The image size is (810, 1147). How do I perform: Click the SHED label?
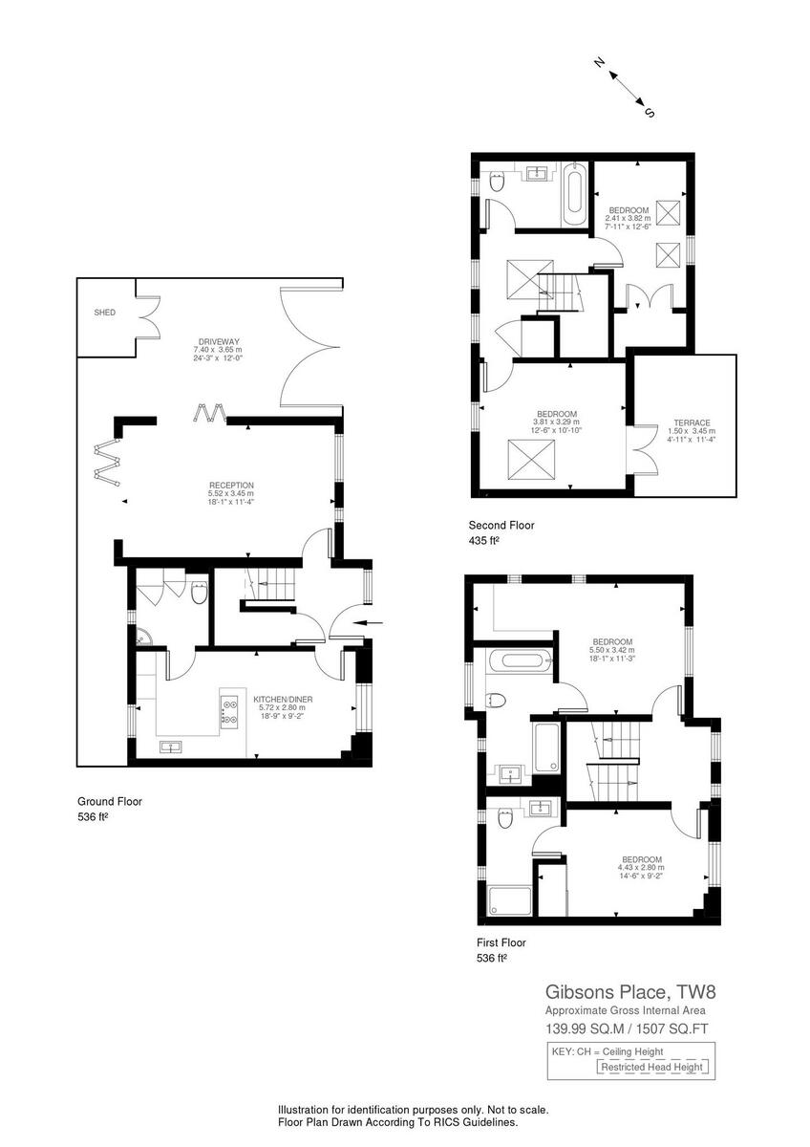pos(104,313)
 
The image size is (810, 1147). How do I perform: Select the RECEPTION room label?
pos(231,486)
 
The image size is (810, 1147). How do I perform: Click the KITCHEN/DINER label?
pos(284,699)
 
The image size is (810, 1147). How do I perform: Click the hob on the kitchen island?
pos(229,708)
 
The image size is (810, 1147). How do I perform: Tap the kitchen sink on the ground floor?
pos(173,747)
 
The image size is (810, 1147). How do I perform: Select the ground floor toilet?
pos(199,595)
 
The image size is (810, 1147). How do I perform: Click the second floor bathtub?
pos(574,193)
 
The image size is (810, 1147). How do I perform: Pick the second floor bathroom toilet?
pos(497,183)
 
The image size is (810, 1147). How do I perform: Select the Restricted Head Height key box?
pos(652,1067)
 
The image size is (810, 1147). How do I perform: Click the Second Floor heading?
pos(501,525)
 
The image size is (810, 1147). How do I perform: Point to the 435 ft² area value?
pos(484,541)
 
